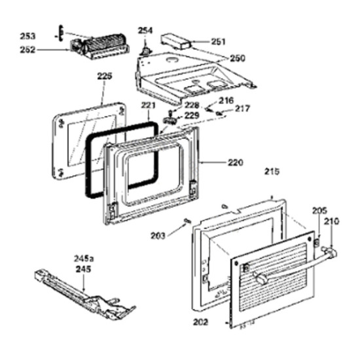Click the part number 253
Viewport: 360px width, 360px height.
(27, 36)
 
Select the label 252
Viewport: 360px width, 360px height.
(27, 50)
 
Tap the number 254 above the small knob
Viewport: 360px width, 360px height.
(145, 31)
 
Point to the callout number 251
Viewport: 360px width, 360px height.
(219, 41)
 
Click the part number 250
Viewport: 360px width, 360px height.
(238, 58)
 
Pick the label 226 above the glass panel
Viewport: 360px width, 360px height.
(105, 76)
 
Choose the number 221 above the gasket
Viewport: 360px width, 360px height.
(148, 105)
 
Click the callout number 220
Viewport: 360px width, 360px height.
(236, 162)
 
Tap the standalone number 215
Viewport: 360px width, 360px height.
(272, 171)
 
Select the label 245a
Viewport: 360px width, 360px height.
(84, 259)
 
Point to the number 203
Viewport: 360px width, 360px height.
(158, 236)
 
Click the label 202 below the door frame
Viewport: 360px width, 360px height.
(200, 322)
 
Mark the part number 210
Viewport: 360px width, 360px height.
(331, 221)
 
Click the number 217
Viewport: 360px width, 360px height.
(242, 109)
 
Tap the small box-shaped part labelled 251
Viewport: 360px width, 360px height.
(176, 42)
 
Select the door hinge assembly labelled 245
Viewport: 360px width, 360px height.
(85, 295)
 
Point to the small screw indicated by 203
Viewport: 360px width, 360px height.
(187, 221)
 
